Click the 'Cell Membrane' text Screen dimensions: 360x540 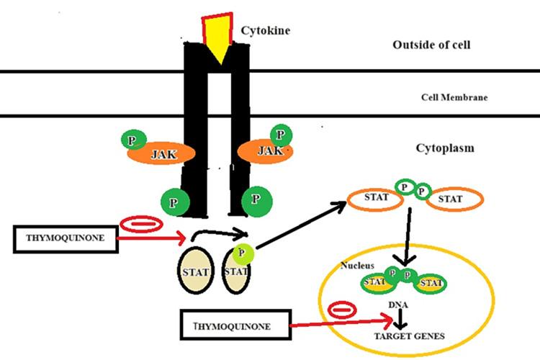tap(454, 97)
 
